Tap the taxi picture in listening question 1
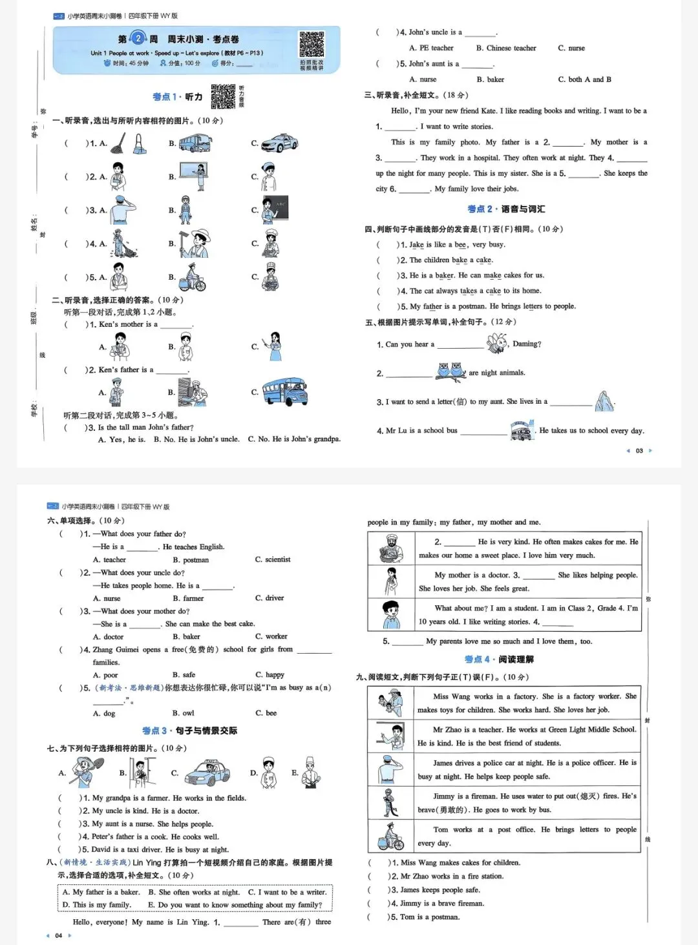[x=279, y=142]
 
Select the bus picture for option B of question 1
[x=195, y=142]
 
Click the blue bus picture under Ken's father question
[x=285, y=391]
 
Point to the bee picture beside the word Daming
[x=497, y=343]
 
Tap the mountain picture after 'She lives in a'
[x=604, y=401]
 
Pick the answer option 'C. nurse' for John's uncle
[x=571, y=48]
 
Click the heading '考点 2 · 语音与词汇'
[x=506, y=209]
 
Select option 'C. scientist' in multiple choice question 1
[x=273, y=559]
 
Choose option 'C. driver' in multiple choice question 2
[x=270, y=598]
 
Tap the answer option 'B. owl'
[x=184, y=713]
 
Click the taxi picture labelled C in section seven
[x=207, y=772]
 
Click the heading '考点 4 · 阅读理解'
[x=499, y=659]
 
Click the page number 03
[x=639, y=451]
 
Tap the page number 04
[x=59, y=935]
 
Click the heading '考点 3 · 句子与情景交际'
[x=189, y=731]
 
